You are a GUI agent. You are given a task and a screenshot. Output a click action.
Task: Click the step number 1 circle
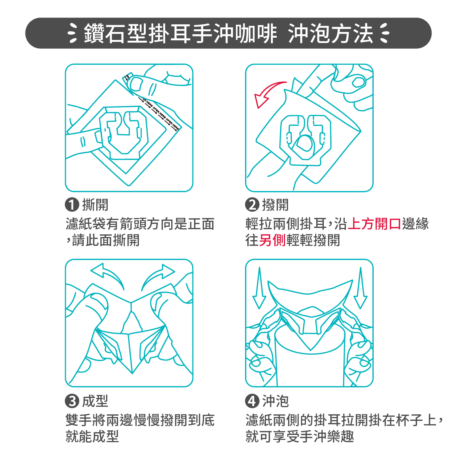click(x=72, y=205)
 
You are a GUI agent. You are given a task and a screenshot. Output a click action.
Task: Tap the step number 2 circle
click(x=252, y=205)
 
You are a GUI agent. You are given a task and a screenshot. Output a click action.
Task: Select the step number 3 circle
click(x=72, y=401)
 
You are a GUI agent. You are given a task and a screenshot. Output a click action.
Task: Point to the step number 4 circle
click(x=252, y=401)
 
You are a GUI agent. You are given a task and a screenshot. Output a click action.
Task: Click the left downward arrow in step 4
click(x=260, y=288)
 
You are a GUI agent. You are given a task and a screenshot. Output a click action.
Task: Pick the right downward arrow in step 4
click(x=360, y=288)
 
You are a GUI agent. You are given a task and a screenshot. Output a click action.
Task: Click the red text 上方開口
click(x=374, y=224)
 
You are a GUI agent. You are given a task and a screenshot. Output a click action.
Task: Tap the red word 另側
click(x=272, y=240)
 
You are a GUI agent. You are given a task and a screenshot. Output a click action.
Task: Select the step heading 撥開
click(x=275, y=205)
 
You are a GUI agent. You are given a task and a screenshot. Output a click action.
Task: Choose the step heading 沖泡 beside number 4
click(x=275, y=401)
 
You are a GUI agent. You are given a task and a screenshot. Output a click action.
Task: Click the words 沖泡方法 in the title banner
click(x=330, y=33)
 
